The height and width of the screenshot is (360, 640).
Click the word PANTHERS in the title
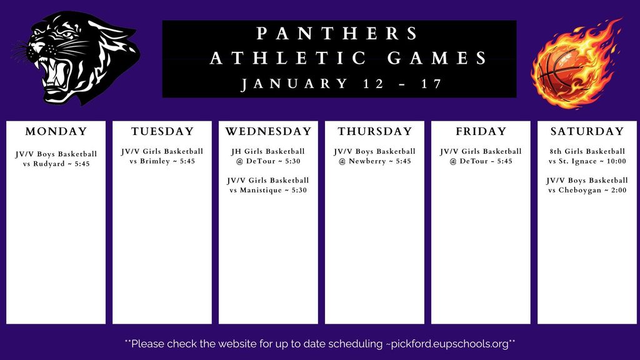(338, 33)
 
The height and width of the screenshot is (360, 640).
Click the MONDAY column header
(56, 132)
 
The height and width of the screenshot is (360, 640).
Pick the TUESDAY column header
(162, 132)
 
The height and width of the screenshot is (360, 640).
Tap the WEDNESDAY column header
(268, 132)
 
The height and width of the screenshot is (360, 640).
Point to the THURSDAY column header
(375, 132)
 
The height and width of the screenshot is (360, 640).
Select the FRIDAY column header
(481, 132)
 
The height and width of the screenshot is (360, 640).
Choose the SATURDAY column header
(587, 132)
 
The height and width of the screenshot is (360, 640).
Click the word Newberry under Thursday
(369, 161)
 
